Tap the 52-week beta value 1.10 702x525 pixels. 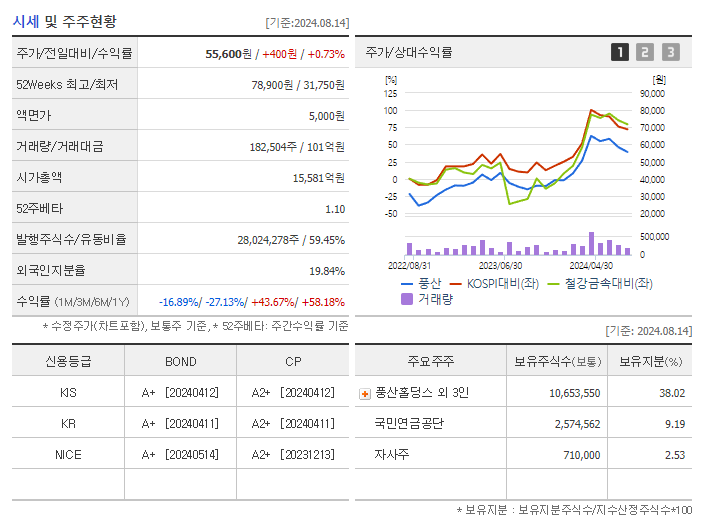(x=334, y=209)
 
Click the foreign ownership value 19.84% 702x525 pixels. (x=326, y=271)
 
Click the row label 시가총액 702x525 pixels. (x=39, y=177)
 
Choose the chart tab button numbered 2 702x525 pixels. (x=645, y=52)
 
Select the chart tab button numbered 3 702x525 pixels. (x=670, y=52)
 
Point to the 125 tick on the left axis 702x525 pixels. (x=391, y=93)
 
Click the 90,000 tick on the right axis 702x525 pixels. (x=652, y=93)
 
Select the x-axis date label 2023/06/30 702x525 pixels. (x=500, y=265)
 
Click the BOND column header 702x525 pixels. (x=180, y=361)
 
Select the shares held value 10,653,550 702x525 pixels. (x=574, y=393)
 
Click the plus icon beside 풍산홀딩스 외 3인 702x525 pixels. (x=364, y=393)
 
